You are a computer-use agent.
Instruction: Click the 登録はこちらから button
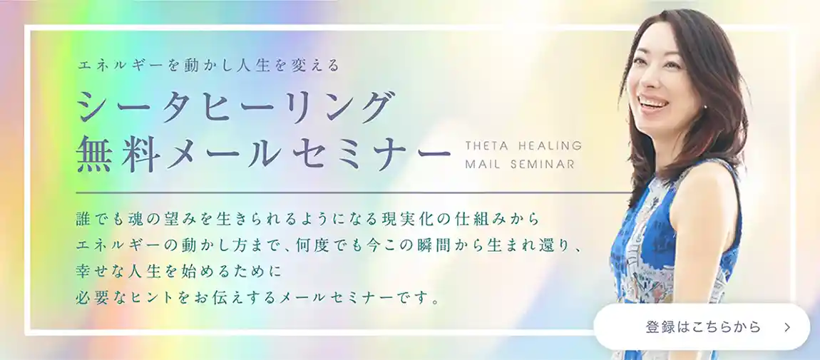pos(702,327)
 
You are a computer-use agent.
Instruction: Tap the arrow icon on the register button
pos(787,327)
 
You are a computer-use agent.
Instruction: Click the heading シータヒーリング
pos(235,109)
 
